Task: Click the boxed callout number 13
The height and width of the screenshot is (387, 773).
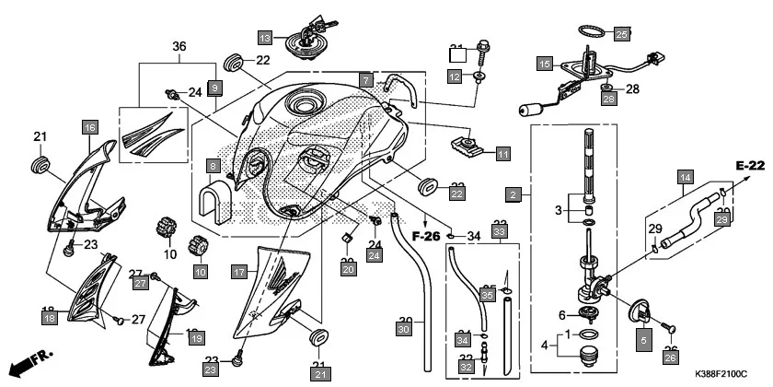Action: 265,38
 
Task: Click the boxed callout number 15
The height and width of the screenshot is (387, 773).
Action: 545,64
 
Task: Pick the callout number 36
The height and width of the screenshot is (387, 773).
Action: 179,47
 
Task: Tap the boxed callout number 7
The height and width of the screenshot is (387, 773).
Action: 365,80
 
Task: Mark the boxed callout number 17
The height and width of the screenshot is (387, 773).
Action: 238,272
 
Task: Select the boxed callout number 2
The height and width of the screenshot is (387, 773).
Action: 513,194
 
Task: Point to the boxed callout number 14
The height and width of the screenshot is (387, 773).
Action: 685,176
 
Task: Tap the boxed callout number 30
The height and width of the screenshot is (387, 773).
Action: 403,329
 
